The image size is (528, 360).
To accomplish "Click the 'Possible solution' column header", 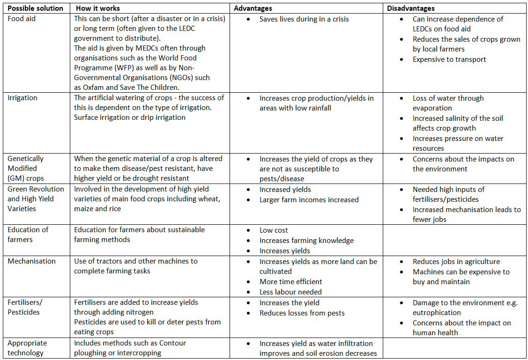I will click(36, 8).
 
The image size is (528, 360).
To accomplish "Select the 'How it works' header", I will click(97, 8).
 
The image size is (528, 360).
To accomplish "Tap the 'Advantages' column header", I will click(253, 8).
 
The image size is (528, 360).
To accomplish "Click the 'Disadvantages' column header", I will click(411, 8).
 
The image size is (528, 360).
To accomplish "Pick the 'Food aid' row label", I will click(22, 19).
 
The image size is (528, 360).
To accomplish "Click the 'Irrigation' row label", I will click(22, 98).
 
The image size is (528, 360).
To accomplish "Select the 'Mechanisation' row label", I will click(31, 261).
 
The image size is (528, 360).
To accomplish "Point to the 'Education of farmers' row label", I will click(28, 235).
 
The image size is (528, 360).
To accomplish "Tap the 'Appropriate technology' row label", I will click(27, 348).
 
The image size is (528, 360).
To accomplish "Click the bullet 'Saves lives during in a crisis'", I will click(304, 19).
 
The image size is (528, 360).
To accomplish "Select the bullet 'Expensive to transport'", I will click(449, 59).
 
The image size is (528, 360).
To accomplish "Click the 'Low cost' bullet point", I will click(274, 230).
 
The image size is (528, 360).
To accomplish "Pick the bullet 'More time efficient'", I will click(291, 282).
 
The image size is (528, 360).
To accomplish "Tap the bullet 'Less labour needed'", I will click(290, 292).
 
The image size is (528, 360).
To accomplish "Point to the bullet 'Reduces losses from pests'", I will click(302, 313).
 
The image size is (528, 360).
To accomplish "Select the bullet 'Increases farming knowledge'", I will click(306, 241).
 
